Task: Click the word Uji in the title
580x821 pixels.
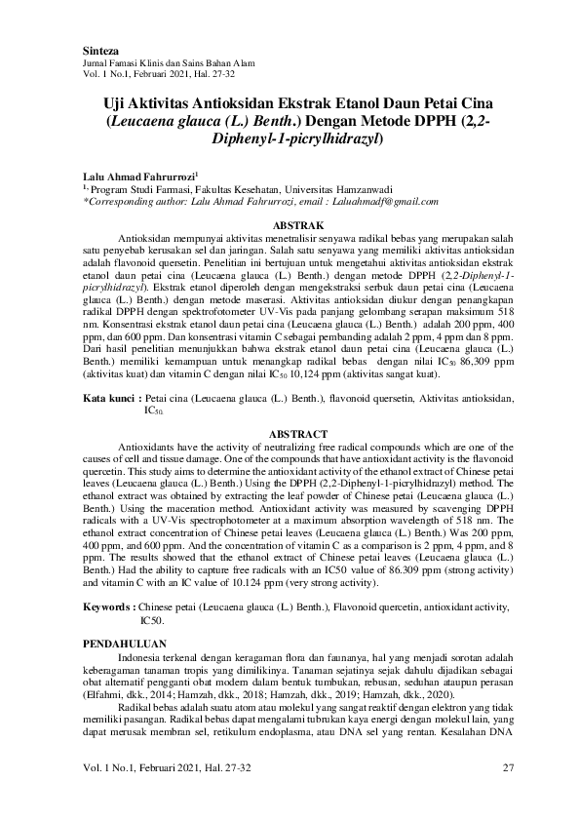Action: (117, 101)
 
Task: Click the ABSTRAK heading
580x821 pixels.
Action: (290, 225)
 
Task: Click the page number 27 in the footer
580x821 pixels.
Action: (507, 769)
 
